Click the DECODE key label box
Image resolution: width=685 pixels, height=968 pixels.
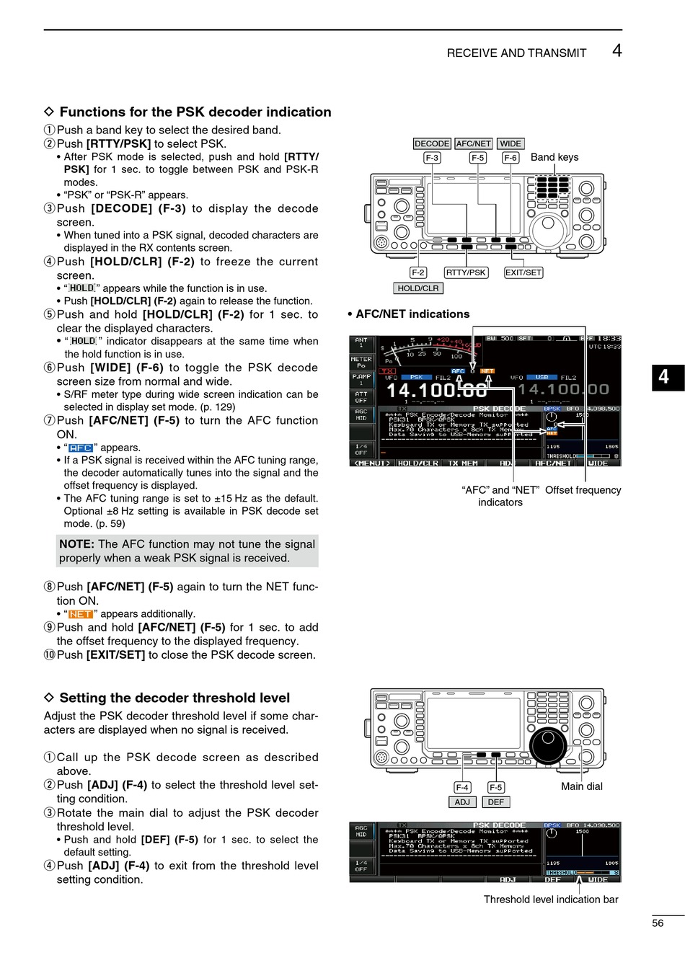click(x=432, y=143)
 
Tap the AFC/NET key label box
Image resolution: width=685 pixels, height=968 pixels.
click(x=474, y=143)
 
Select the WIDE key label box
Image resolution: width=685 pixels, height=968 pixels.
click(x=511, y=143)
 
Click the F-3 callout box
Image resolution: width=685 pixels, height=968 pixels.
click(x=432, y=158)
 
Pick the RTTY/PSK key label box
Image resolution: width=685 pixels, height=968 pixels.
click(x=466, y=272)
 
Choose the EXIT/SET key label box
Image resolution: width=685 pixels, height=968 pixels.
click(x=523, y=272)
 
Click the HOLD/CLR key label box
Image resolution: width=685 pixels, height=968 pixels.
click(x=418, y=288)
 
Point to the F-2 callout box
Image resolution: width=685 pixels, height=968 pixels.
click(x=418, y=272)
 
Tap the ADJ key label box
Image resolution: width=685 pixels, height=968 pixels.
click(x=462, y=802)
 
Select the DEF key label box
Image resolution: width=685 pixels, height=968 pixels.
click(x=496, y=802)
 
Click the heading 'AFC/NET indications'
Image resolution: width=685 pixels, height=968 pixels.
click(x=412, y=314)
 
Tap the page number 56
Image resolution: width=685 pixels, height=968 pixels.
click(x=658, y=923)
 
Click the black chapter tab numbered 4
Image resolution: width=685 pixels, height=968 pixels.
click(x=663, y=376)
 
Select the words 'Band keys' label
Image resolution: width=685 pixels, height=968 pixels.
click(x=554, y=157)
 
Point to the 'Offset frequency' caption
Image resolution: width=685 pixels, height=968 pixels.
click(x=583, y=490)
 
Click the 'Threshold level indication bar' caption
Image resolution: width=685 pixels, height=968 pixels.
click(x=551, y=900)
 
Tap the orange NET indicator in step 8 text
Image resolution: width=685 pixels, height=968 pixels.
click(x=81, y=614)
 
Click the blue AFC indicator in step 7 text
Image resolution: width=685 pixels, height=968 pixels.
click(x=81, y=448)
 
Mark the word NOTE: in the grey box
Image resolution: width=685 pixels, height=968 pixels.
click(x=76, y=544)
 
